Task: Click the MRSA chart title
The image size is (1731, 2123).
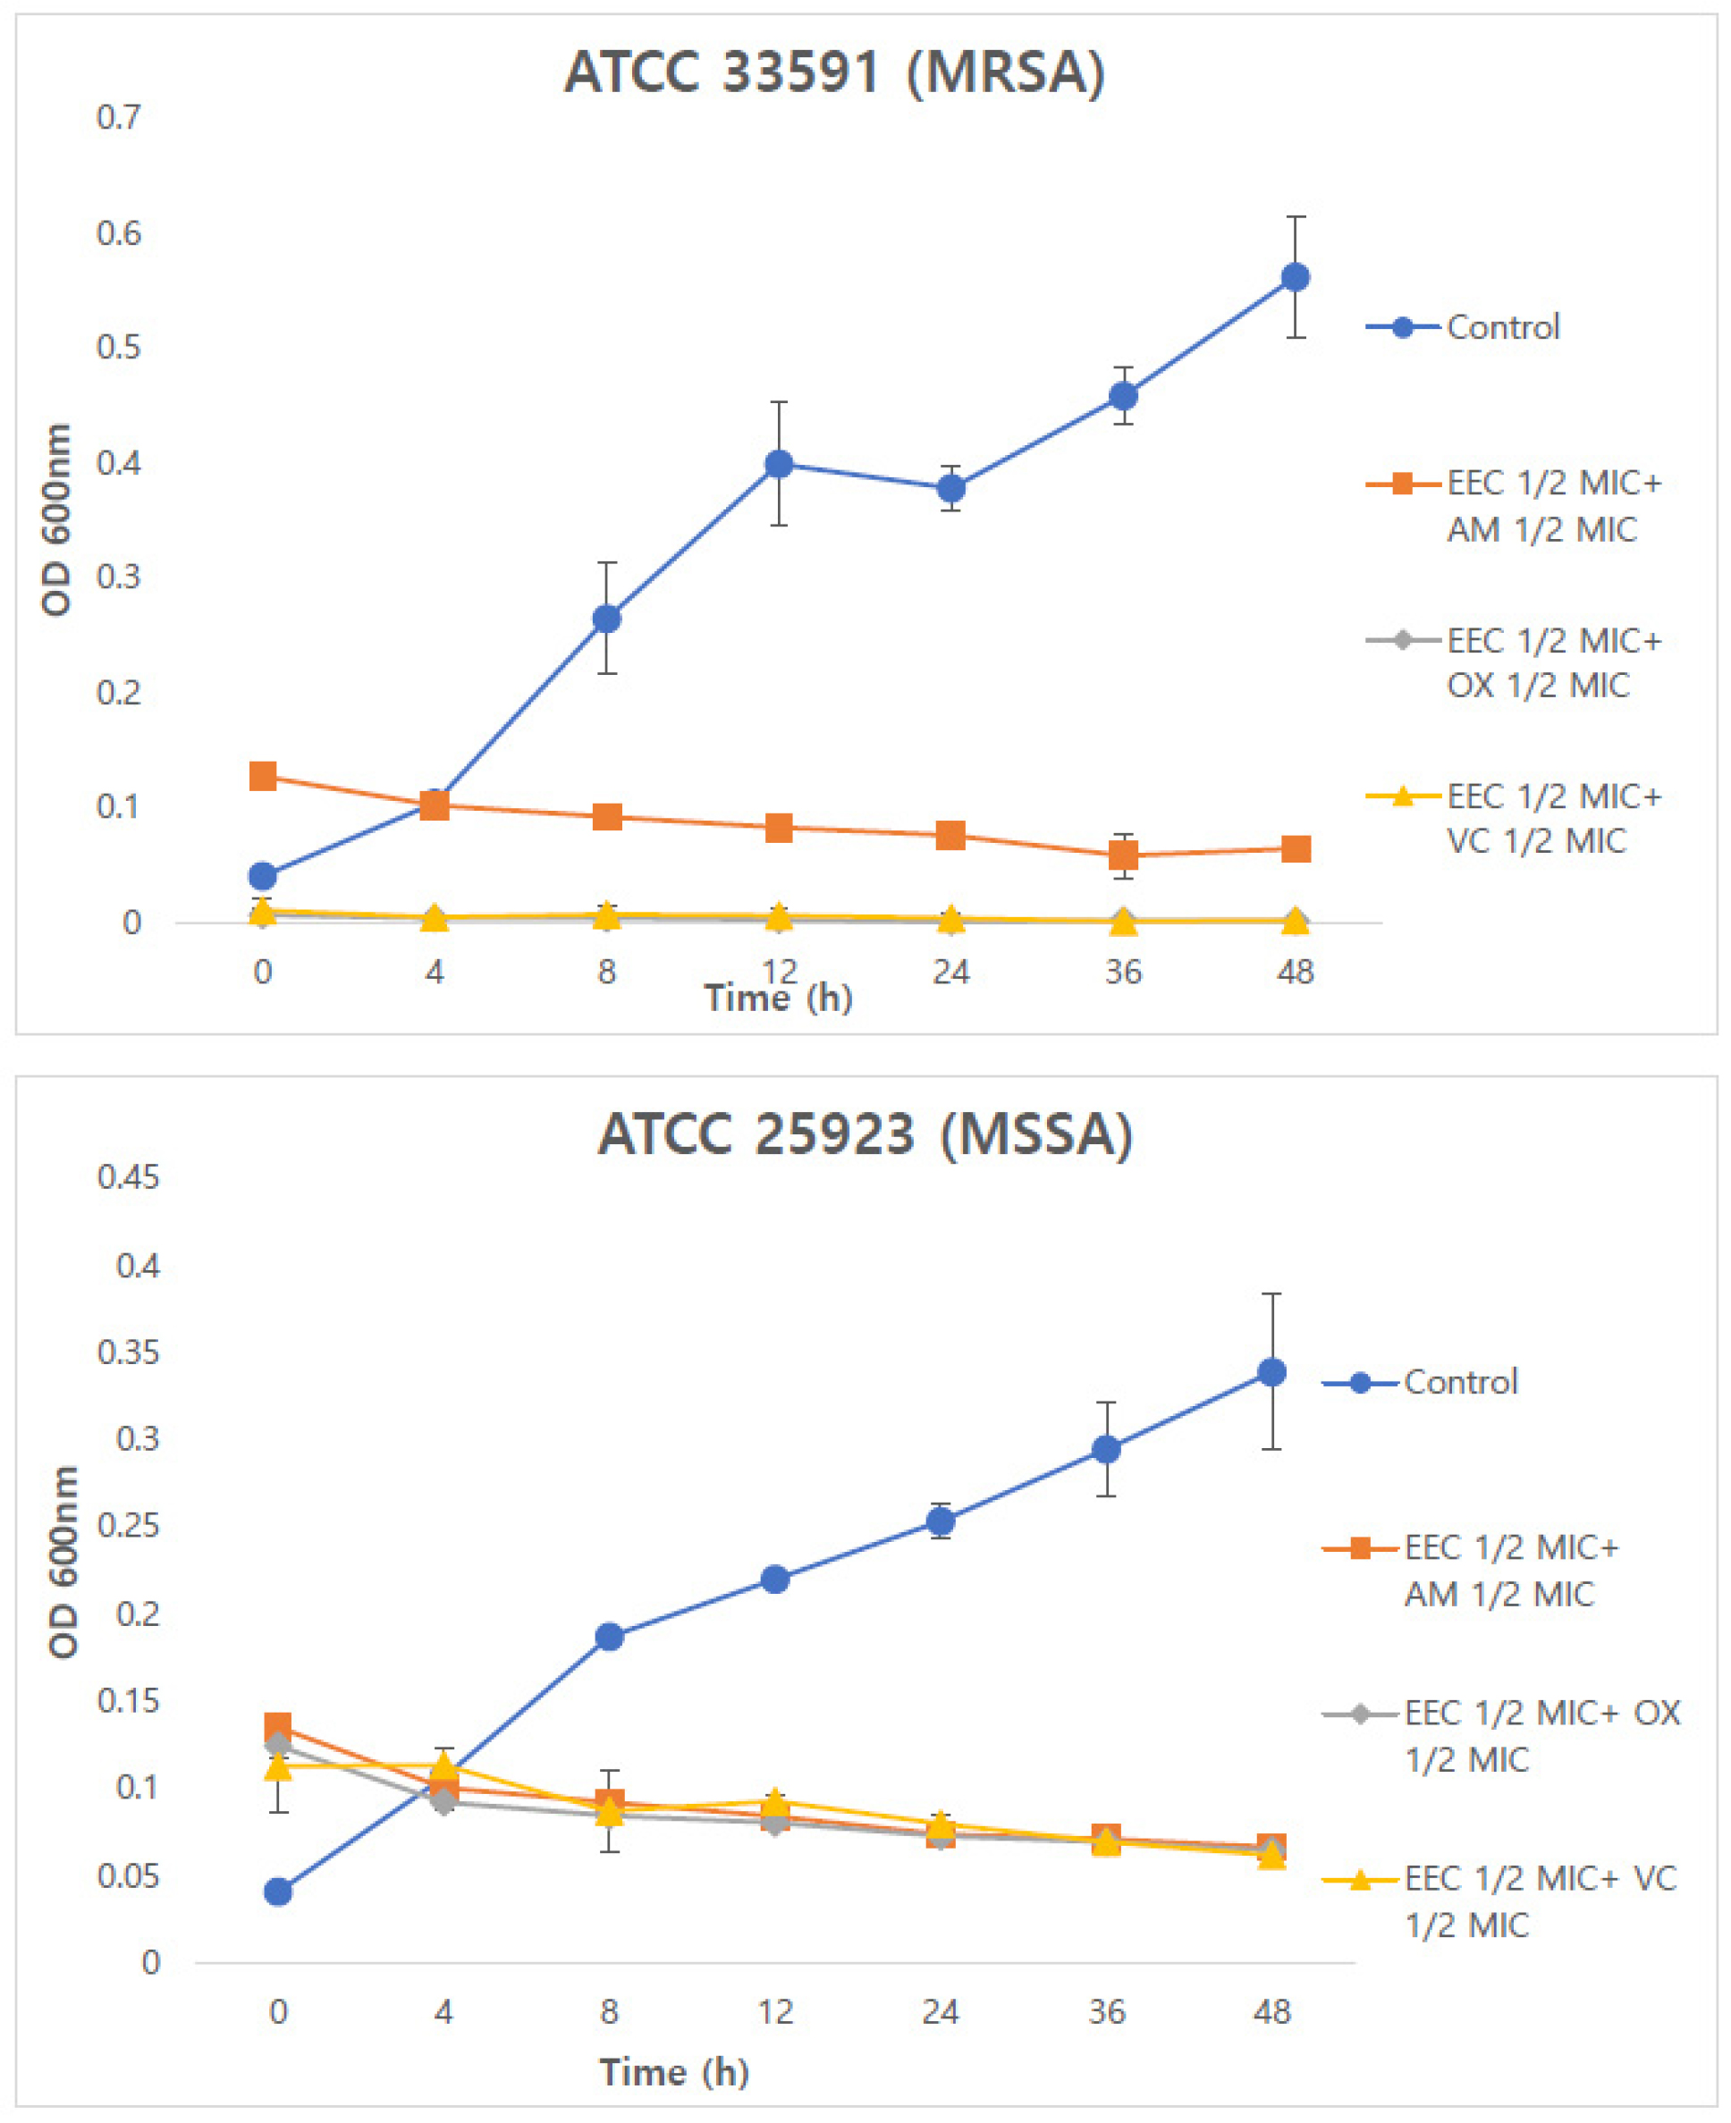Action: point(833,72)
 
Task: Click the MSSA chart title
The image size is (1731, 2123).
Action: point(865,1133)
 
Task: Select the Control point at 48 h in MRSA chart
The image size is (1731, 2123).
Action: point(1295,277)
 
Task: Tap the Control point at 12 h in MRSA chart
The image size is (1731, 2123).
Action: point(779,463)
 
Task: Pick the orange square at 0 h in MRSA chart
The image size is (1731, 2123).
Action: point(262,775)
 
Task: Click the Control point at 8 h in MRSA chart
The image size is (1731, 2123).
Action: point(606,619)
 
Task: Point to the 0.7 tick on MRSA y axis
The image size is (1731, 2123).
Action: point(119,118)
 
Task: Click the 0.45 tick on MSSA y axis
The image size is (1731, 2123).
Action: point(128,1176)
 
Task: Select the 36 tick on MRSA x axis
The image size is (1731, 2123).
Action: point(1123,971)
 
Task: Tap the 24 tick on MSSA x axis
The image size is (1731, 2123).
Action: point(940,2011)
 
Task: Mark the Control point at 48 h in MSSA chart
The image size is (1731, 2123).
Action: point(1271,1372)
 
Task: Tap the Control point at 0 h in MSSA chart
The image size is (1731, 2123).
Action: point(278,1891)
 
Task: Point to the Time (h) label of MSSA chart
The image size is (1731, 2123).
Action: point(674,2071)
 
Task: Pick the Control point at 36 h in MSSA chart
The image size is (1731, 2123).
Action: point(1106,1449)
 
